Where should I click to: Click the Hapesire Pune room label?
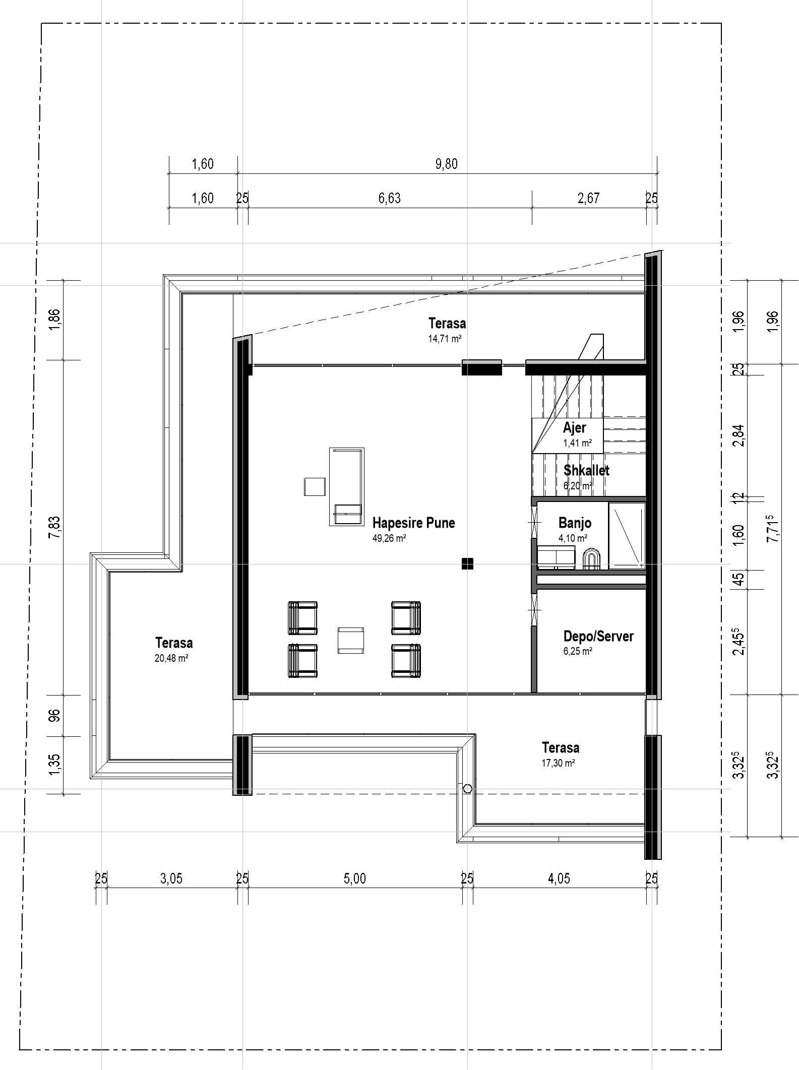tap(413, 523)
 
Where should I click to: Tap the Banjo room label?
tap(575, 523)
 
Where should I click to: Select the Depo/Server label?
tap(598, 636)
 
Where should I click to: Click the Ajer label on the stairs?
tap(574, 428)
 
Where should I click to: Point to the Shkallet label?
tap(586, 470)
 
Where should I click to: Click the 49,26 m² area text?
tap(389, 538)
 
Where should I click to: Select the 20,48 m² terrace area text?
tap(171, 658)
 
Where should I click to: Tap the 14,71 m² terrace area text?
tap(445, 339)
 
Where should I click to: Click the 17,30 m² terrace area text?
tap(558, 763)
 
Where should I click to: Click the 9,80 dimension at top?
tap(446, 164)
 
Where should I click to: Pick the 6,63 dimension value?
tap(390, 199)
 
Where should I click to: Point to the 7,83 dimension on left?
tap(54, 527)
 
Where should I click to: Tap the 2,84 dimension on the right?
tap(739, 435)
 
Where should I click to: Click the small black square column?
tap(467, 563)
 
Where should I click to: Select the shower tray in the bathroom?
tap(627, 535)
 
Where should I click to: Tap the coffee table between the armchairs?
tap(351, 640)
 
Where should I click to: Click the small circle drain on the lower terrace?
tap(467, 789)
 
